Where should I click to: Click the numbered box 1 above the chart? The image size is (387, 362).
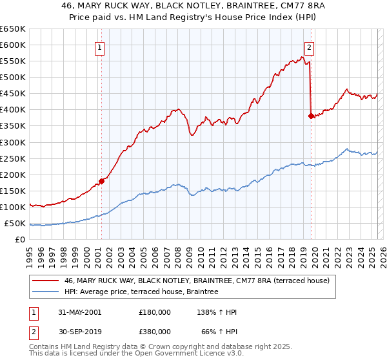tap(101, 47)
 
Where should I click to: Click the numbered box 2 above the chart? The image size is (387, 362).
tap(310, 47)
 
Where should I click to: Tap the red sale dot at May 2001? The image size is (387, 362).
tap(102, 181)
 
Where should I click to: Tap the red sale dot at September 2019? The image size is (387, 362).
tap(311, 116)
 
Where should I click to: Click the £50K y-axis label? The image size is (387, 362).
tap(15, 223)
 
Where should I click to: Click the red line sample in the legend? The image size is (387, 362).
tap(45, 281)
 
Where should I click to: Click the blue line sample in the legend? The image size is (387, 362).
tap(45, 292)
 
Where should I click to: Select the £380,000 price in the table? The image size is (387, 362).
tap(155, 331)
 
